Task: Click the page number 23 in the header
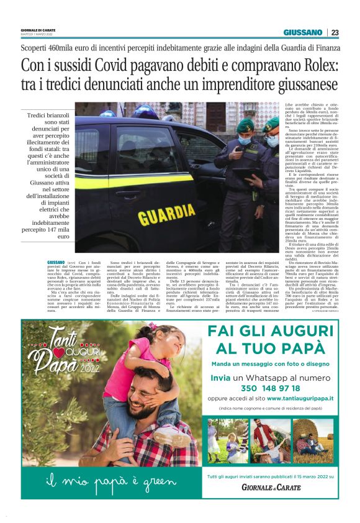(x=335, y=32)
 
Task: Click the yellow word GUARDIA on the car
(x=166, y=216)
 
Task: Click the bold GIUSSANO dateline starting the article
(x=56, y=263)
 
